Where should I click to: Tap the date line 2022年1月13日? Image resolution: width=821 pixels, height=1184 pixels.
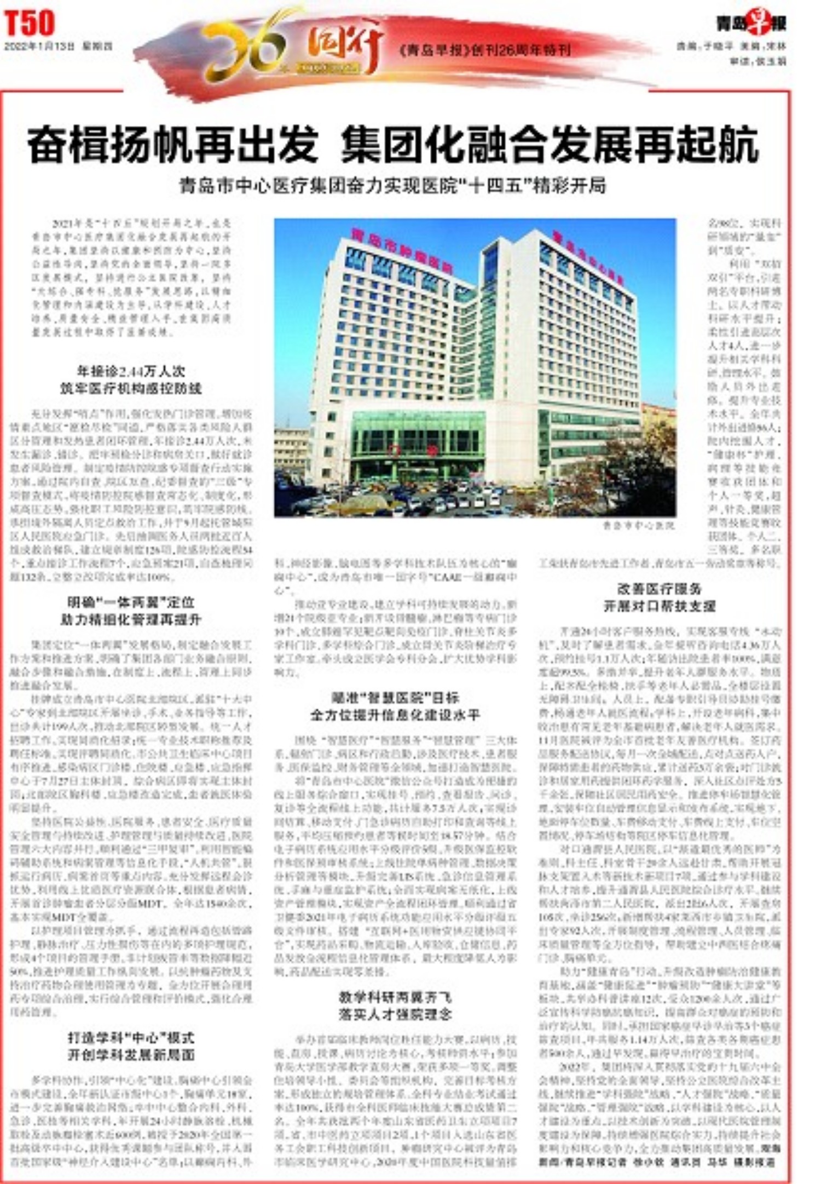pos(58,47)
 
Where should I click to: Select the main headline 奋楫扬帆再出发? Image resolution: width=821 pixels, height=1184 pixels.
pos(173,145)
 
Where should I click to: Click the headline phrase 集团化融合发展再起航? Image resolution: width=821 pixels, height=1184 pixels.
pos(550,145)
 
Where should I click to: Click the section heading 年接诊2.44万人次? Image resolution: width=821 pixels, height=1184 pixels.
pos(131,371)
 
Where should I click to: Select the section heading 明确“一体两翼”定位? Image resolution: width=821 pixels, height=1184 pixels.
pos(131,602)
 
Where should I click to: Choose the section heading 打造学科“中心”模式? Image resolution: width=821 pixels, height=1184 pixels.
pos(131,1038)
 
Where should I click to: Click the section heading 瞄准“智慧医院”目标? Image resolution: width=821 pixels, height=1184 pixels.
pos(395,698)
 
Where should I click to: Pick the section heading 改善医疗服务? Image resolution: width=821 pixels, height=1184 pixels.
pos(659,589)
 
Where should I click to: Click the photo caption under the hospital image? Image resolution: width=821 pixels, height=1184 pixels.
pos(638,526)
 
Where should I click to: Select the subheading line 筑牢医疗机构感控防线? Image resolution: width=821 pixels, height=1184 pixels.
pos(131,389)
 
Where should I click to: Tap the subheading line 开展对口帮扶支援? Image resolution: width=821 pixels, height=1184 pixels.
pos(659,606)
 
